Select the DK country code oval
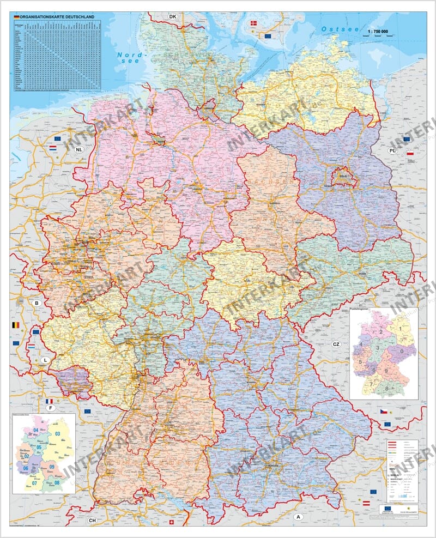[173, 17]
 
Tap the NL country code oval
[80, 149]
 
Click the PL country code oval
[392, 150]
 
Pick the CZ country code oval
[336, 344]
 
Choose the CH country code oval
[93, 521]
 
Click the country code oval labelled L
[45, 360]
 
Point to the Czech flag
[384, 409]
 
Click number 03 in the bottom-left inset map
[57, 434]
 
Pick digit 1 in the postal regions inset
[401, 329]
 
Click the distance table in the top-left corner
[56, 55]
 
